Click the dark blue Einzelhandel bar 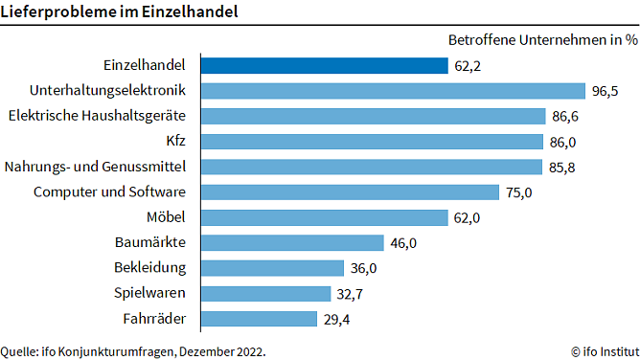point(324,66)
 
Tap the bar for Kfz point(372,142)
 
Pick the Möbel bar point(324,217)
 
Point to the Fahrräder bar point(259,319)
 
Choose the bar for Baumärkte point(292,243)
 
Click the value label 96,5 point(606,92)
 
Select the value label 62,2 point(469,66)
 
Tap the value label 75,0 point(520,192)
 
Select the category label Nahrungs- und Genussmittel point(95,167)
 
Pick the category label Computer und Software point(109,192)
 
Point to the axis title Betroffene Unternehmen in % point(542,40)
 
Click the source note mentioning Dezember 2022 point(133,350)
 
